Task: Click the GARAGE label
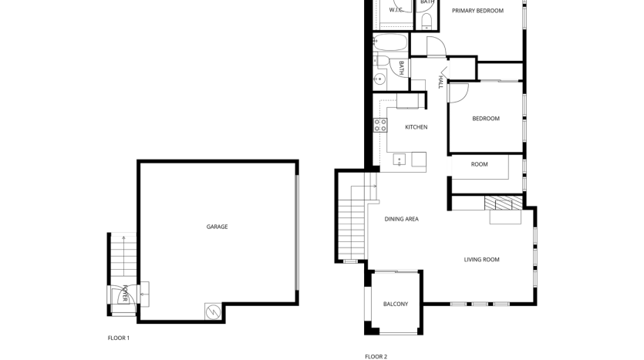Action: coord(217,227)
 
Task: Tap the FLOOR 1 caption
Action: coord(119,338)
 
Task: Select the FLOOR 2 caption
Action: coord(376,357)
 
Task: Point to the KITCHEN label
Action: coord(416,127)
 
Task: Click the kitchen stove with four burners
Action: coord(380,125)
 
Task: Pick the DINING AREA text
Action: coord(401,219)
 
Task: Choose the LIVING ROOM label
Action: coord(481,260)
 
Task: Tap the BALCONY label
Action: coord(396,304)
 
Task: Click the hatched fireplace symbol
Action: coord(504,203)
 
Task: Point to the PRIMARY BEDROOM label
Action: coord(477,11)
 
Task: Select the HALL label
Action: coord(440,82)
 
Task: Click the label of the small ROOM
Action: coord(479,164)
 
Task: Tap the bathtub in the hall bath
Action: coord(390,42)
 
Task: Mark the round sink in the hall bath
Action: coord(379,78)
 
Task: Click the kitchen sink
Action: coord(400,160)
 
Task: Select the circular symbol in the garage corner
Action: coord(213,312)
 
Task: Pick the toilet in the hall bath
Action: coord(382,62)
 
